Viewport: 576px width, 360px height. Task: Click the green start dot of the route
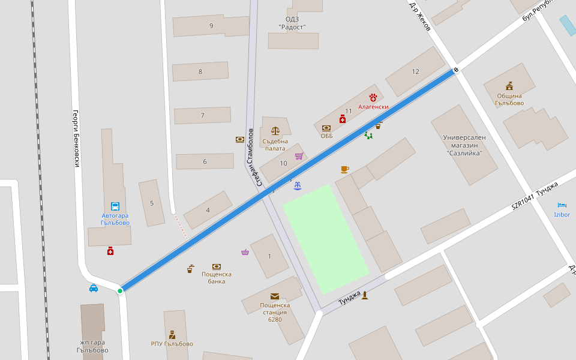point(120,291)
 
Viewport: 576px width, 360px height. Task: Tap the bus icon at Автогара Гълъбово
point(115,206)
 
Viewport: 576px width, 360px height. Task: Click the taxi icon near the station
point(94,288)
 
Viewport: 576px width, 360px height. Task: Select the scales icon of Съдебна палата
point(275,130)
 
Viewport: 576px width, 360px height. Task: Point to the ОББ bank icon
point(326,128)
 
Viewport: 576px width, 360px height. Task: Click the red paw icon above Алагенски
point(373,97)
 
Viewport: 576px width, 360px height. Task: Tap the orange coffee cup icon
point(344,169)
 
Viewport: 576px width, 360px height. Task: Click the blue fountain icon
point(298,186)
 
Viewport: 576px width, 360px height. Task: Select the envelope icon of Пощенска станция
point(275,296)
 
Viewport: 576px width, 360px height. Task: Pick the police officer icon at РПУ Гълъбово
point(172,334)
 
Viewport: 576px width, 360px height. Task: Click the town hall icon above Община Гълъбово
point(509,86)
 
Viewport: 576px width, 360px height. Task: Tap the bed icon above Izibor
point(562,205)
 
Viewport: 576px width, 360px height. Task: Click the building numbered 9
point(211,26)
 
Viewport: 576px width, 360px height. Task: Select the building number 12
point(415,72)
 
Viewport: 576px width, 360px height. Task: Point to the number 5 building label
point(152,203)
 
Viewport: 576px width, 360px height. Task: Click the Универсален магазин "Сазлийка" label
point(464,145)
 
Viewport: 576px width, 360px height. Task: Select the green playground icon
point(368,136)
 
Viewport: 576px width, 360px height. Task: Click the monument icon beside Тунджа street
point(365,295)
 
